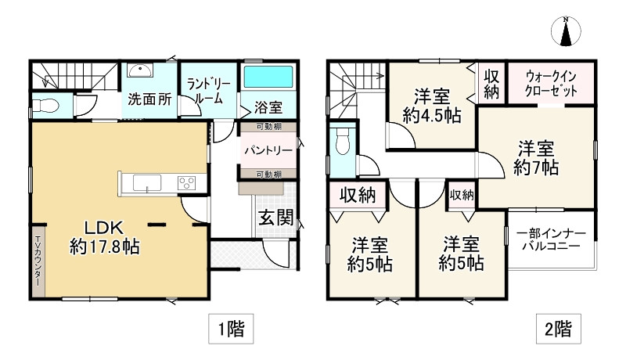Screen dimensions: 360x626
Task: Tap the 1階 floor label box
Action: [231, 329]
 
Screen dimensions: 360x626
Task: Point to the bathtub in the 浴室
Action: [268, 78]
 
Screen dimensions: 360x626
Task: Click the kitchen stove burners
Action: [187, 183]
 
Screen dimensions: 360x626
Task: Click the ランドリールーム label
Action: [205, 91]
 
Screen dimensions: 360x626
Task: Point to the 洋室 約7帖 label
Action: [536, 157]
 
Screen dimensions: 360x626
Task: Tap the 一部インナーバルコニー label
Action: [551, 239]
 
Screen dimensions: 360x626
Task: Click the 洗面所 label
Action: [149, 100]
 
